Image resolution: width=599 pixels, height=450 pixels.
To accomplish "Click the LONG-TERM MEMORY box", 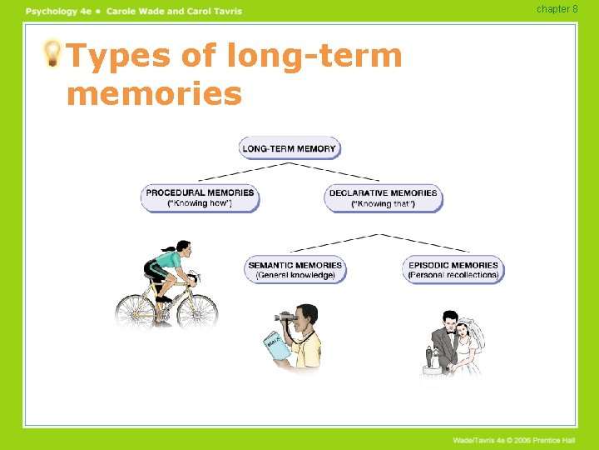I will point(290,149).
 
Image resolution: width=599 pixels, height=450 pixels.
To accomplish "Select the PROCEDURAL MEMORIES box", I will point(200,198).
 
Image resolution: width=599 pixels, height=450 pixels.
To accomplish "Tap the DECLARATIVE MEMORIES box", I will point(383,198).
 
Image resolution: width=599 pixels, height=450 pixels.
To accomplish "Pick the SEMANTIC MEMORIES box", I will point(295,270).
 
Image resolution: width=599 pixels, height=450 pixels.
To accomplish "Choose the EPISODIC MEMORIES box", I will point(453,270).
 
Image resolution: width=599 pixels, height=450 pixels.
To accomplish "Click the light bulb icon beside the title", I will point(52,54).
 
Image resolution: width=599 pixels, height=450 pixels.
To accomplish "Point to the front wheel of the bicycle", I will point(197,312).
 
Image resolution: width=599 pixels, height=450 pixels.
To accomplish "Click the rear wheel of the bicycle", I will point(135,312).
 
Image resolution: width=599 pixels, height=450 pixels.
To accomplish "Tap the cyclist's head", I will point(182,249).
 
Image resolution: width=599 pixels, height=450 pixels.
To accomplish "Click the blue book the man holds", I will point(275,346).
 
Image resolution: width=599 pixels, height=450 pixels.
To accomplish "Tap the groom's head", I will point(450,321).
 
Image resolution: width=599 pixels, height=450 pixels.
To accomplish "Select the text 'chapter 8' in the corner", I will point(557,9).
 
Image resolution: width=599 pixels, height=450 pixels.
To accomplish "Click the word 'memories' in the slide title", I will point(154,93).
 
